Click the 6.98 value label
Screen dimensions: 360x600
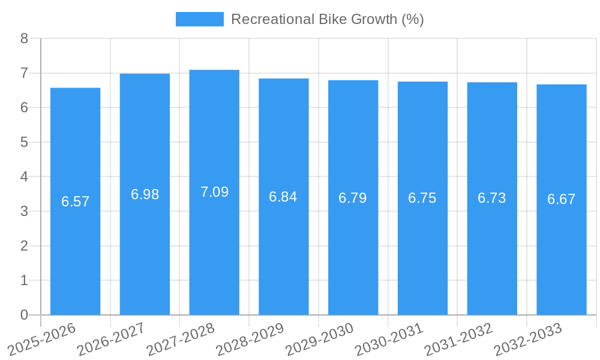click(x=145, y=194)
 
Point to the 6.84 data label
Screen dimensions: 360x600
click(x=283, y=197)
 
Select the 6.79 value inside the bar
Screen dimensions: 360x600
click(x=353, y=198)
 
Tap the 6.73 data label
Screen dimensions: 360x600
click(x=492, y=198)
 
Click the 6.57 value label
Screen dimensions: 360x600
click(x=75, y=202)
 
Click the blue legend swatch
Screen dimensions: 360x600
click(x=199, y=19)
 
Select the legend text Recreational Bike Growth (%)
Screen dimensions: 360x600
click(x=328, y=19)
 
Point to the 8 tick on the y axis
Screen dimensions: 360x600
click(x=24, y=38)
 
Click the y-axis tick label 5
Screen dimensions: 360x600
click(x=24, y=142)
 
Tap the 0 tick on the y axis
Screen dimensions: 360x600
click(x=24, y=315)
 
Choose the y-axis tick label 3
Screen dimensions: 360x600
click(x=24, y=211)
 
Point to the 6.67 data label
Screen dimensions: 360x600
click(x=562, y=199)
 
